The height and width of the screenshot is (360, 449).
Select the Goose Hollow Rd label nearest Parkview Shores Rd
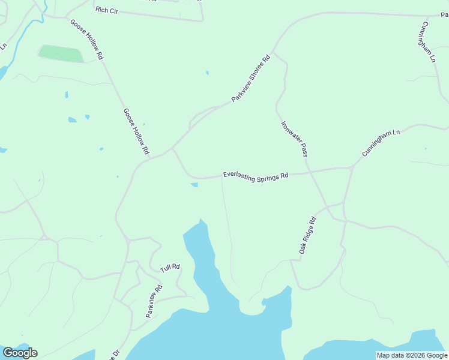coord(136,131)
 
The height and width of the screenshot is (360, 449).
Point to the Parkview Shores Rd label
coord(252,78)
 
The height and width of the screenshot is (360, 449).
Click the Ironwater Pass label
coord(294,140)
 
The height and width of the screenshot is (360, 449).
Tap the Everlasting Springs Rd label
coord(256,176)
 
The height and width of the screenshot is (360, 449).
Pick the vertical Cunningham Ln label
coord(427,42)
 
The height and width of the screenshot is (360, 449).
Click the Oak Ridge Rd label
coord(307,235)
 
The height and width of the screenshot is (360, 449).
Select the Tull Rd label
coord(170,268)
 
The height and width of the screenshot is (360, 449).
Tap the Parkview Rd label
coord(154,301)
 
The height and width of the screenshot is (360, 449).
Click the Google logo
coord(20,352)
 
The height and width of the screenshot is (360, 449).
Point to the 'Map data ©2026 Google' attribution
coord(412,355)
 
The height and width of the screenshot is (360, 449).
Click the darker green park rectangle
coord(61,54)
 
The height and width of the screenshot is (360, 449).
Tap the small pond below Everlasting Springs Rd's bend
coord(194,185)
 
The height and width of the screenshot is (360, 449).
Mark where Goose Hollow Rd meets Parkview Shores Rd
coord(173,148)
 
